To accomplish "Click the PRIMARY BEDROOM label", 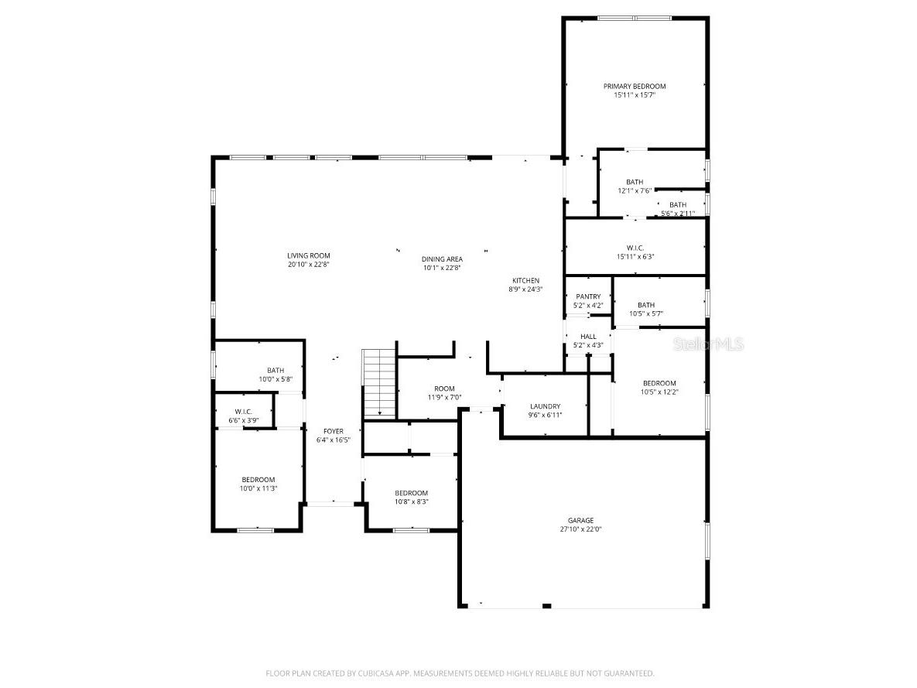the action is [635, 87].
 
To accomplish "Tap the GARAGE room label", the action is [580, 521].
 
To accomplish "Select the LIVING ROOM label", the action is [308, 255].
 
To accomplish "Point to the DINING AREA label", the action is [442, 259].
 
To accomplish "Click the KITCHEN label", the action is [525, 281].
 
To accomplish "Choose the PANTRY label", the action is [588, 296].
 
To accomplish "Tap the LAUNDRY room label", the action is [545, 406].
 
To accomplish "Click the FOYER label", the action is [334, 432].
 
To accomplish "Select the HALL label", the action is [588, 337].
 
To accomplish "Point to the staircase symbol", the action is [379, 383].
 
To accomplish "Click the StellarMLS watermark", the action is [708, 344].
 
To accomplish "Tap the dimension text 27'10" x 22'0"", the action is [580, 529].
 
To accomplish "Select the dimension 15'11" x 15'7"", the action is [635, 94].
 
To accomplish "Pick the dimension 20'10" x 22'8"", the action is [308, 265].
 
